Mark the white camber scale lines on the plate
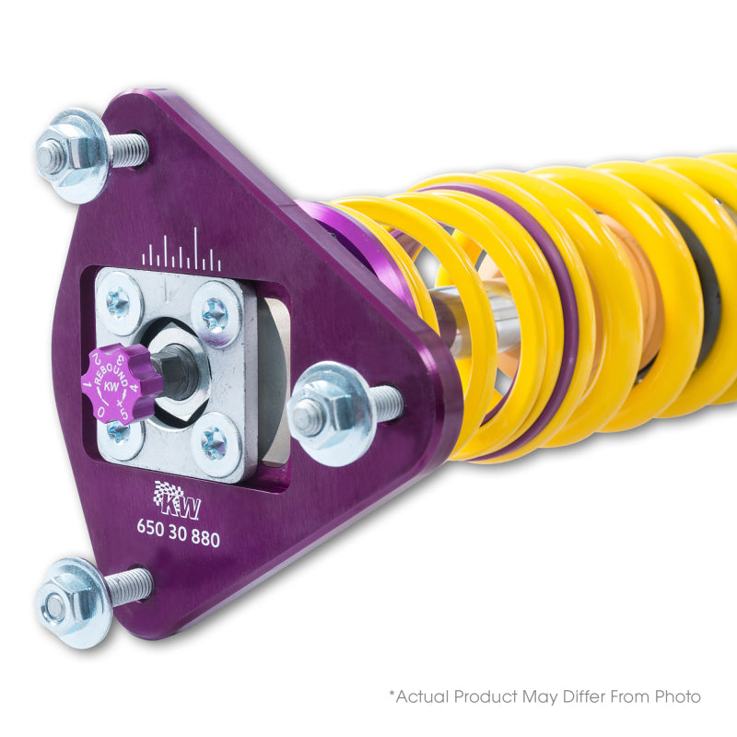(x=181, y=252)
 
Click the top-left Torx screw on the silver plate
(x=119, y=299)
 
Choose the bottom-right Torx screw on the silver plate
(x=213, y=446)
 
